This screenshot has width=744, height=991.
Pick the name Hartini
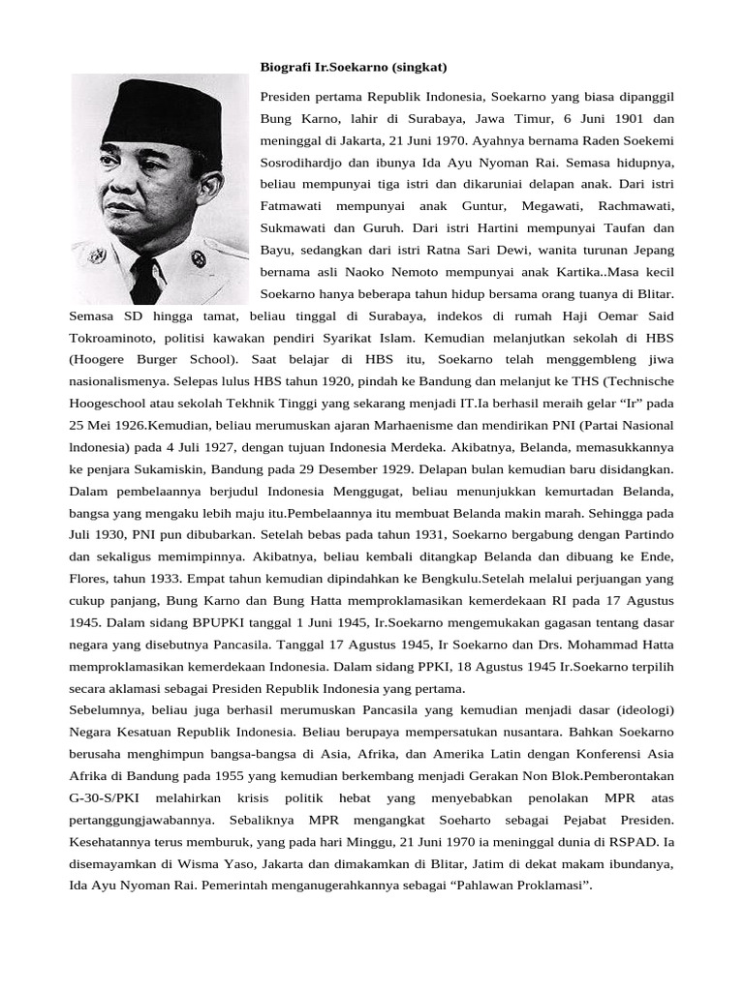coord(496,228)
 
